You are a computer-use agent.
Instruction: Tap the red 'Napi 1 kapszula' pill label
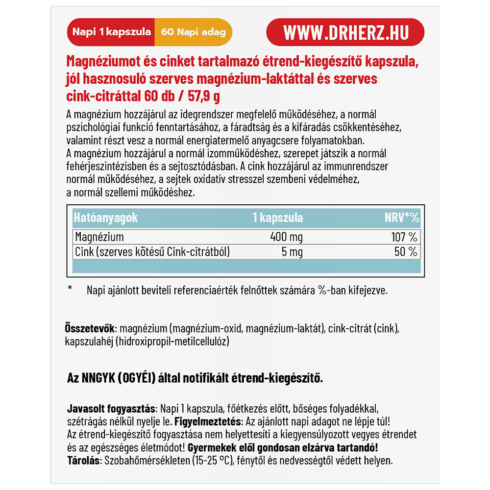pos(111,32)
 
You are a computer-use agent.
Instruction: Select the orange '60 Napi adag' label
pos(193,32)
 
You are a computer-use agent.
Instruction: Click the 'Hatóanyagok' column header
pos(105,218)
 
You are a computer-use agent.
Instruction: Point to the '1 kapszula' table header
pos(277,218)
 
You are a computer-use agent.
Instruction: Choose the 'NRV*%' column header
pos(401,218)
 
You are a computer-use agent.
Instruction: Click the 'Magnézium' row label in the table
pos(99,237)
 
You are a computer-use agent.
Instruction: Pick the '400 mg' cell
pos(286,237)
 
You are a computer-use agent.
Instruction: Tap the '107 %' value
pos(404,237)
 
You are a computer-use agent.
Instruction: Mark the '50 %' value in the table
pos(407,252)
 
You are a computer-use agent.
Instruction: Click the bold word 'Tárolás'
pos(82,461)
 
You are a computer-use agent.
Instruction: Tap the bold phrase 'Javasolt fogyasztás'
pos(110,409)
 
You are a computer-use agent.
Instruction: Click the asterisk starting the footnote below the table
pos(70,289)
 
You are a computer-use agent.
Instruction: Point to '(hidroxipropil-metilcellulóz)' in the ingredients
pos(172,341)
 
